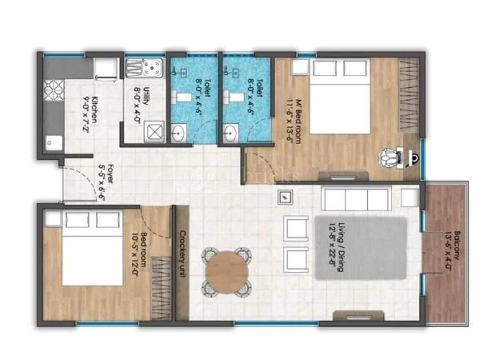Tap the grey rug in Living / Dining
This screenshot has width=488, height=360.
(x=361, y=248)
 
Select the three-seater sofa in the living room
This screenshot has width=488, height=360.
(x=356, y=199)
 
